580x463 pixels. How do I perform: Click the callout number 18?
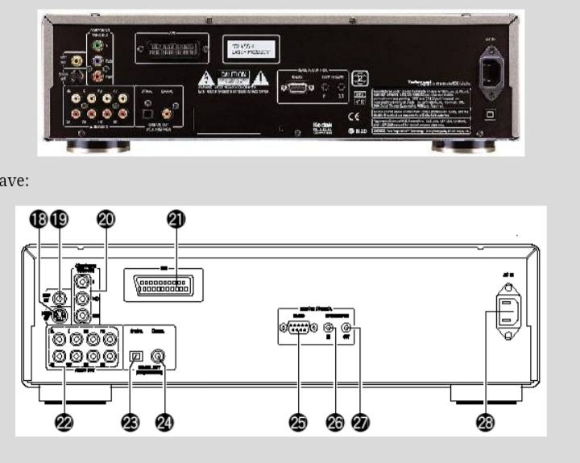point(38,217)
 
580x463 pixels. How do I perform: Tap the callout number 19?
point(60,217)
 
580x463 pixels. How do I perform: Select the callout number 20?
point(105,217)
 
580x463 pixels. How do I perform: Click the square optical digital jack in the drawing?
point(137,354)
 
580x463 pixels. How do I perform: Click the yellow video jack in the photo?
point(77,60)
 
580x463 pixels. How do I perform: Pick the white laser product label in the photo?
point(250,49)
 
